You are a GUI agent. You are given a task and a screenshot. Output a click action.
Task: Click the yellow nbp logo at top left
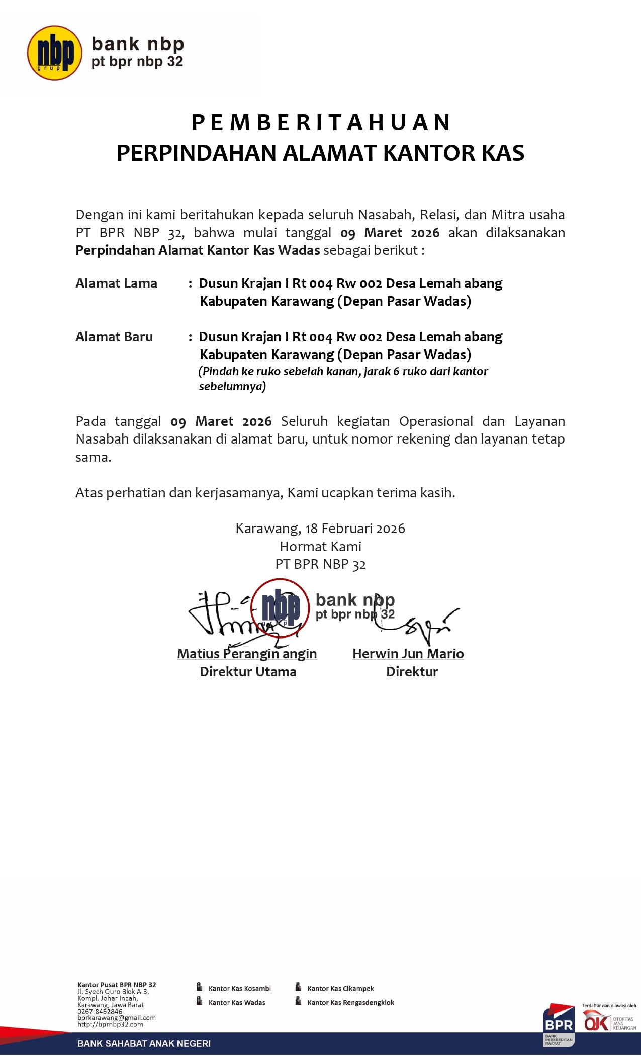[54, 53]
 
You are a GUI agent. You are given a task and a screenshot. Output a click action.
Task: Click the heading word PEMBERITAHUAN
[320, 123]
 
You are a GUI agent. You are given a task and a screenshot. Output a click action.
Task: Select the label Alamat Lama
[116, 283]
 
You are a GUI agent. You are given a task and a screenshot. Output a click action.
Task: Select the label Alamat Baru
[114, 337]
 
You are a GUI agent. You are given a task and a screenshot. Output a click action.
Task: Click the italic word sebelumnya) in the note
[232, 386]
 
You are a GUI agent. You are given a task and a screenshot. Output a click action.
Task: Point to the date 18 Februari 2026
[354, 529]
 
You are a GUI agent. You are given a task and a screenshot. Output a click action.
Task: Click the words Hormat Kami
[320, 547]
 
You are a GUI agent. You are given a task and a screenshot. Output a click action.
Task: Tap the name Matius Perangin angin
[247, 654]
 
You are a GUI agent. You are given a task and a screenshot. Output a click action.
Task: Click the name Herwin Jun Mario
[408, 654]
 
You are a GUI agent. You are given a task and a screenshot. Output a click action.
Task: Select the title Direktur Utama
[248, 672]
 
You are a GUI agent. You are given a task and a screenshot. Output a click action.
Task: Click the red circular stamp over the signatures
[280, 607]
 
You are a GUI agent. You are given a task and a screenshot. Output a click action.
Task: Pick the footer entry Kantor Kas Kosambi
[239, 988]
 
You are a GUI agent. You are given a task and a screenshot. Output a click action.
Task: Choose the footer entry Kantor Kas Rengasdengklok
[350, 1002]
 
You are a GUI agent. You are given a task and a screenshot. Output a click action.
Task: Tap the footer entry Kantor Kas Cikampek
[340, 988]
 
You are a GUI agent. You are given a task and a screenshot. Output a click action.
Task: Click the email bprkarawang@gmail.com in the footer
[117, 1017]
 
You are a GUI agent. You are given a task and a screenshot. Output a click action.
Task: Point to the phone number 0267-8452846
[100, 1011]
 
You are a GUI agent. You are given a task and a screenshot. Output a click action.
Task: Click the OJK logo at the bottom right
[597, 1021]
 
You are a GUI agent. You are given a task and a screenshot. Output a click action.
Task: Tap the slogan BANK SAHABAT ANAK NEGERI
[144, 1044]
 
